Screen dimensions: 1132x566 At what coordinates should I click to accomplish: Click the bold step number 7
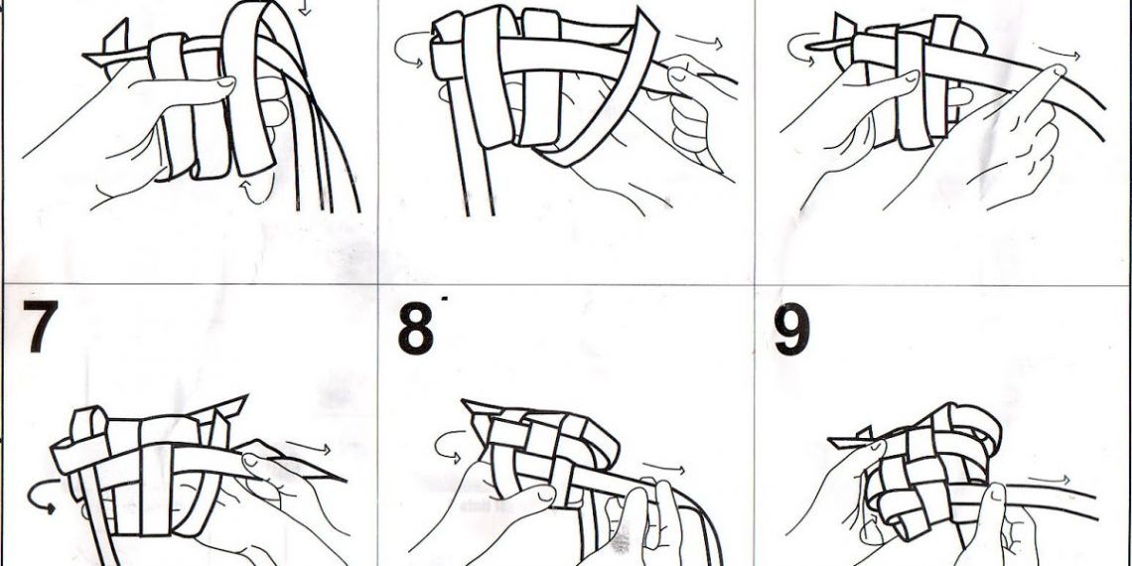tap(41, 326)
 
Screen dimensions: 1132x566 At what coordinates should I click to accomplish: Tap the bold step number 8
tap(416, 329)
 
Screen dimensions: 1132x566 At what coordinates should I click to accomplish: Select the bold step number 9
tap(792, 329)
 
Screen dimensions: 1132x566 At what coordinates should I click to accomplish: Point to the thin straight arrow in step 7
tap(308, 448)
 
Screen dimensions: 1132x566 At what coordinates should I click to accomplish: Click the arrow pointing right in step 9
tap(1049, 480)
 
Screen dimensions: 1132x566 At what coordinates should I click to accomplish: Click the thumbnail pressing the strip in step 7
tap(250, 459)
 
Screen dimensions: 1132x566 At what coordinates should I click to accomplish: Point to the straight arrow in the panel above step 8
tap(699, 42)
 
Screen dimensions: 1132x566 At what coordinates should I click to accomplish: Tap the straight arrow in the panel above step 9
tap(1060, 53)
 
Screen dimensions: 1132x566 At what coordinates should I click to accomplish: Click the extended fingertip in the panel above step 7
tap(224, 83)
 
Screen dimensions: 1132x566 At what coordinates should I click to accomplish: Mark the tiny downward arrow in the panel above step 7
tap(306, 8)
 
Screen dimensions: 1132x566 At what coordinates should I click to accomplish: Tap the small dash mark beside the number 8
tap(445, 298)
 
